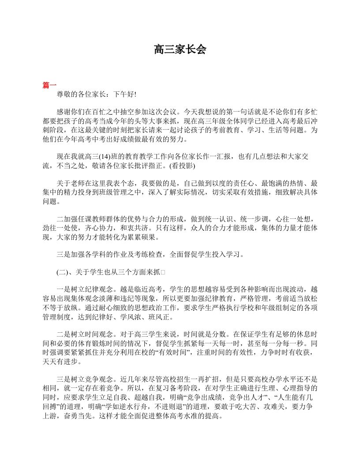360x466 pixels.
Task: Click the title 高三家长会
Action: [180, 49]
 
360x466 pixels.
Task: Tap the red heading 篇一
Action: [49, 85]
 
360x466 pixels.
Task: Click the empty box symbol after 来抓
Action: [163, 272]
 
